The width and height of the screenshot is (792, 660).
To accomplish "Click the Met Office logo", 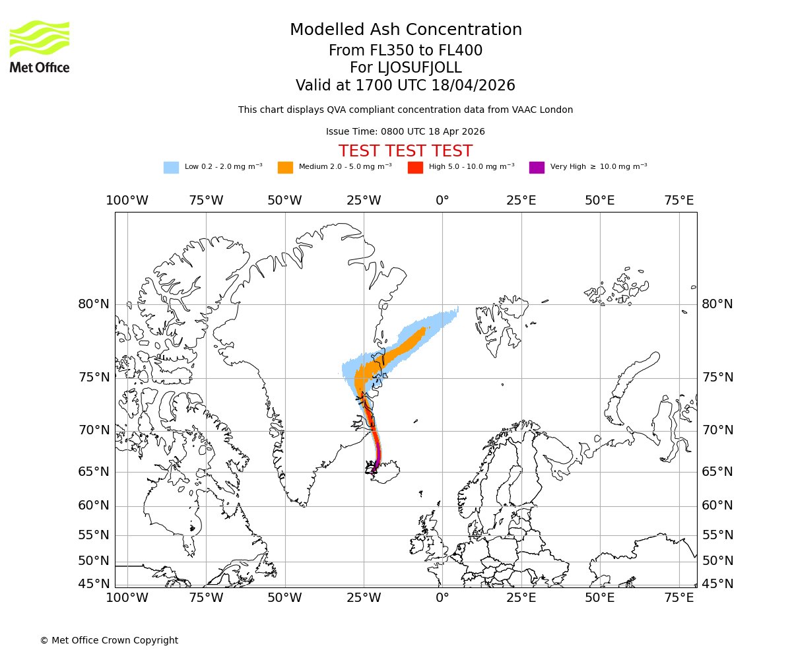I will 40,46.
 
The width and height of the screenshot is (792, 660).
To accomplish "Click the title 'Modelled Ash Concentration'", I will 405,30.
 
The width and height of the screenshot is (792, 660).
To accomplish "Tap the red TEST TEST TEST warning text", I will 405,151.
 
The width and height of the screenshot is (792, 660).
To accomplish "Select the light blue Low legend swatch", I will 171,167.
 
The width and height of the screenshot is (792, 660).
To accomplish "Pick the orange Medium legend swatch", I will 285,167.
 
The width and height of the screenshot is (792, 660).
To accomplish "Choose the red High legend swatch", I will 415,167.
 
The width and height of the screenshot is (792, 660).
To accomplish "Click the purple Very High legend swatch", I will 537,167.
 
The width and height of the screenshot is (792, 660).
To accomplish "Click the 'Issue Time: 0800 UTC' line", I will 405,131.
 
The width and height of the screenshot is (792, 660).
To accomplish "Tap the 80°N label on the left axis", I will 94,304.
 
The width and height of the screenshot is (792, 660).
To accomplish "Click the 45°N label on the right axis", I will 717,583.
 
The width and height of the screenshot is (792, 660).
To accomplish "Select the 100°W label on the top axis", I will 127,201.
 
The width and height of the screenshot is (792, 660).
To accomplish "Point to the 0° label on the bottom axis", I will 442,597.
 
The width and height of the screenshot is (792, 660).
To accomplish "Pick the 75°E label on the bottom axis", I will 678,597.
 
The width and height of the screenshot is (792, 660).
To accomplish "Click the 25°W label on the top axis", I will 364,201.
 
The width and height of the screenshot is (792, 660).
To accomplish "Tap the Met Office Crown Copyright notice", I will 109,640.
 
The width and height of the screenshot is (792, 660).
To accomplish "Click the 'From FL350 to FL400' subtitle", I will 405,51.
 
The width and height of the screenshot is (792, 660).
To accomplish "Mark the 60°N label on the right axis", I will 717,506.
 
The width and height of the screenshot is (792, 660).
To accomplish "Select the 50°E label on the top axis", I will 600,201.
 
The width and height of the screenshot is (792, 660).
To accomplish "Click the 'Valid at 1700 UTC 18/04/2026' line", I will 405,85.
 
